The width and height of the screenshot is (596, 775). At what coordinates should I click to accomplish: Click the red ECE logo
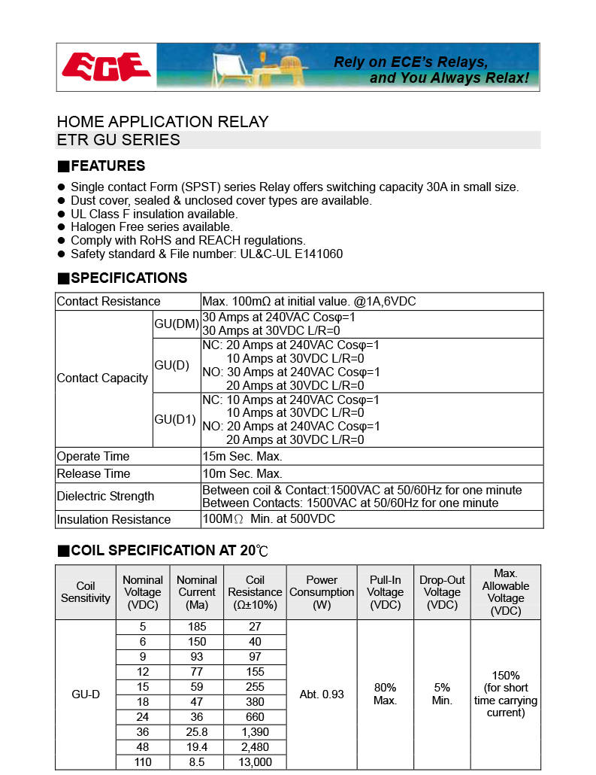(107, 67)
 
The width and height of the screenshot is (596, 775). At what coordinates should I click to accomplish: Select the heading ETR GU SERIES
(119, 140)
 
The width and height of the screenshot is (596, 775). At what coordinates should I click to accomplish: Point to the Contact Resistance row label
(108, 302)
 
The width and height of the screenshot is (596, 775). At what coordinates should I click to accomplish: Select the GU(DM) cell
(176, 324)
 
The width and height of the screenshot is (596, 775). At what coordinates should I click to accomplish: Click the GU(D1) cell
(175, 419)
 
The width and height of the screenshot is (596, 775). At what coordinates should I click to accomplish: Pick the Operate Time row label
(93, 456)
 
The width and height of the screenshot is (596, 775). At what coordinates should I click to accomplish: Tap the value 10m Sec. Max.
(242, 473)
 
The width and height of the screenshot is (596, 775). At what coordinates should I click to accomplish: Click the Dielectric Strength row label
(105, 496)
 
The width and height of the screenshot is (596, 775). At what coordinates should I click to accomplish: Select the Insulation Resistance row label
(113, 519)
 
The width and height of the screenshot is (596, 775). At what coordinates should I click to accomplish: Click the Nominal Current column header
(197, 592)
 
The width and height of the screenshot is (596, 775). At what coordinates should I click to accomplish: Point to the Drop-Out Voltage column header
(442, 592)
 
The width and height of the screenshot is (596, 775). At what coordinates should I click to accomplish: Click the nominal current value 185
(197, 626)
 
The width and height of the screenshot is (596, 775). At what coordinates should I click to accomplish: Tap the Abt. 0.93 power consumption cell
(322, 694)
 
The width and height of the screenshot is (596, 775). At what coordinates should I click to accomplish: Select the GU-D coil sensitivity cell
(86, 694)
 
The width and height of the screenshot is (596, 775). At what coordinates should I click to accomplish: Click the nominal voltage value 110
(143, 762)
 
